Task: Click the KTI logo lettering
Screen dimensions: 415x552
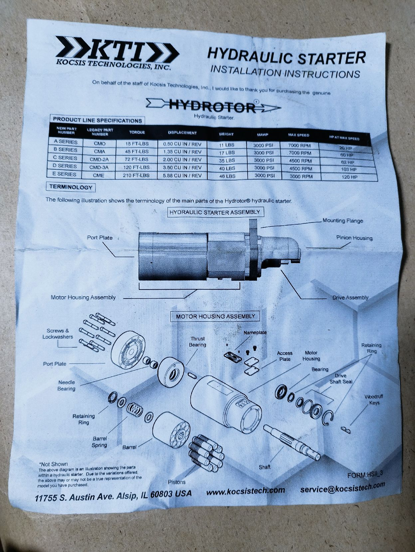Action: (117, 49)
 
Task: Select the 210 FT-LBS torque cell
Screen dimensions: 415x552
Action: (136, 175)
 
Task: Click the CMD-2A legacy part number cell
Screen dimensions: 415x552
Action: (98, 159)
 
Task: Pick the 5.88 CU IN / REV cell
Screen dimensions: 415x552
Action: (182, 176)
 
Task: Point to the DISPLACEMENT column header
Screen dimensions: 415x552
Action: (182, 133)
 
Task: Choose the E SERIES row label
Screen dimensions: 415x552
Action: (65, 174)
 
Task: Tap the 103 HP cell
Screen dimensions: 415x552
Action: (349, 170)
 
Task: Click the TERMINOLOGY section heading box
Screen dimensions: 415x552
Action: (71, 187)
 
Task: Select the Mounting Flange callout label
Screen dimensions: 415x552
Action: (343, 221)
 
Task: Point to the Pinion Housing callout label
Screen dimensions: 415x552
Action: (354, 238)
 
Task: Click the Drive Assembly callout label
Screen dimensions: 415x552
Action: (350, 298)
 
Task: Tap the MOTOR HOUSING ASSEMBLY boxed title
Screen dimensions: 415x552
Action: (215, 317)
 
